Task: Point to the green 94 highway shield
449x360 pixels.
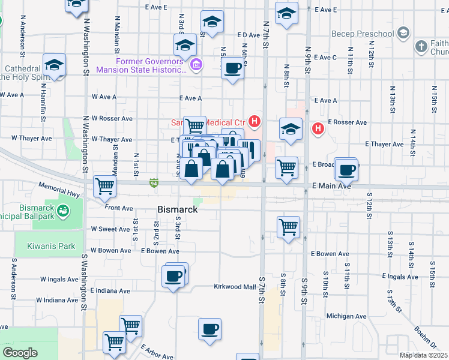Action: click(x=154, y=182)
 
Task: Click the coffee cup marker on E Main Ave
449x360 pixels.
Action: click(x=346, y=170)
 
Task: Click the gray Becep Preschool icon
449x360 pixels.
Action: click(x=404, y=32)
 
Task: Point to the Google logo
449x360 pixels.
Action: click(x=19, y=353)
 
